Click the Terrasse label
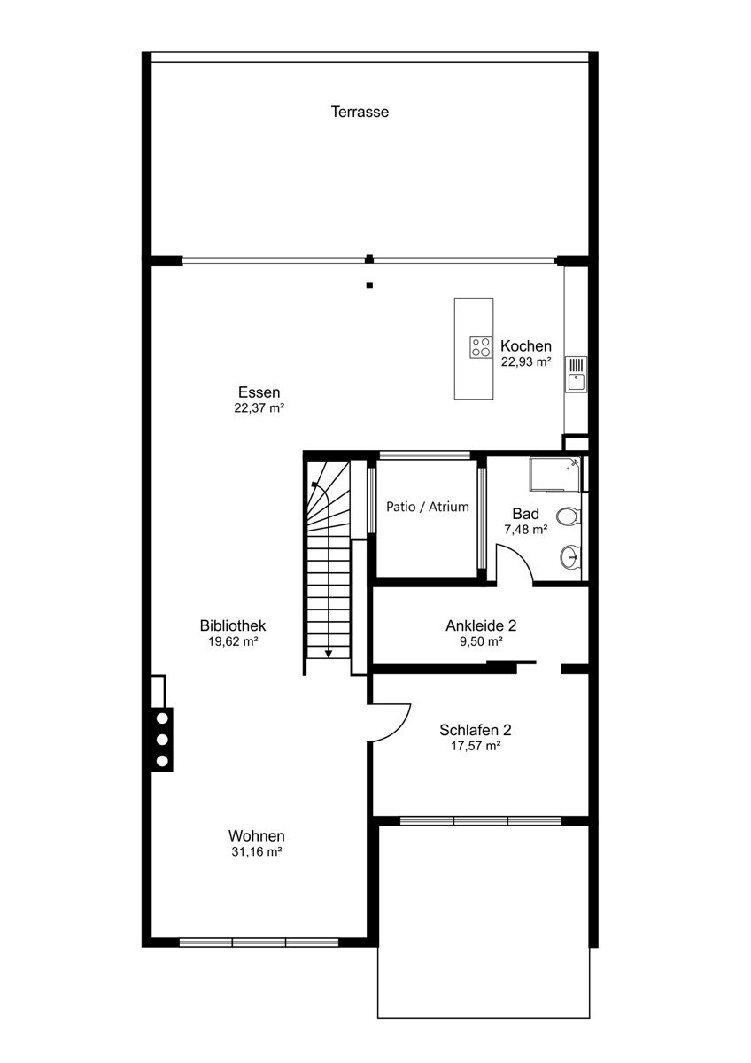[360, 112]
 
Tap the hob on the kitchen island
[481, 346]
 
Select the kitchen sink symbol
[576, 374]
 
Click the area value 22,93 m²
[526, 361]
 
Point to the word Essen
[259, 392]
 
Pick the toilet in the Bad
[568, 516]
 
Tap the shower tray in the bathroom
[555, 475]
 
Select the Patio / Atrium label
[428, 507]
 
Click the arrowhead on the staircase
[329, 655]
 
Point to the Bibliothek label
[233, 625]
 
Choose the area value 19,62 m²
[233, 641]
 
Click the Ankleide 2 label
[481, 625]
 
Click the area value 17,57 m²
[476, 746]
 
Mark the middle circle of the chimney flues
[162, 740]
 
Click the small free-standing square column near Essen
[369, 285]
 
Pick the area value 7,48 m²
[526, 530]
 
